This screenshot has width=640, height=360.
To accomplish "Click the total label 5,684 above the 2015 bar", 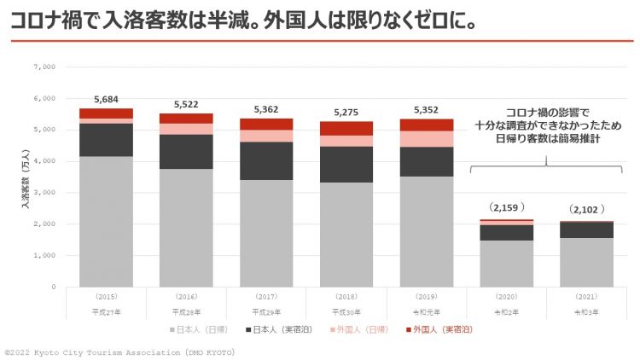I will point(106,100).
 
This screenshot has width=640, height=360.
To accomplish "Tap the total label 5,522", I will point(186,105).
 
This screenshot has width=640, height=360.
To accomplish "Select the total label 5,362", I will point(266,110).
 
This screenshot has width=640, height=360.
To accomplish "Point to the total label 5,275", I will point(346,113).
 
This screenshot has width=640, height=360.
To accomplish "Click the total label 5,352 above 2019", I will point(427,110).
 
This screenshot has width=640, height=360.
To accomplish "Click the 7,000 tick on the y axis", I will point(44,67).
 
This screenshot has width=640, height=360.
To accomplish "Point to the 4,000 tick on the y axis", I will point(44,161).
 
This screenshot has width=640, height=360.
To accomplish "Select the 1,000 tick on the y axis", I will point(44,256).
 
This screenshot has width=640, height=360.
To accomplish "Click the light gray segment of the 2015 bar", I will point(106,222).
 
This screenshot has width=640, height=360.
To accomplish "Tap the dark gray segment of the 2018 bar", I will point(346,164).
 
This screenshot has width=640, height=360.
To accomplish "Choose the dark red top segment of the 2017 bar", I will point(266,124).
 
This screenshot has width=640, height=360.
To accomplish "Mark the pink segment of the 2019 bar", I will point(427,139).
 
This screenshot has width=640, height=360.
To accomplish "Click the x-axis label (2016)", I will point(186,298).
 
